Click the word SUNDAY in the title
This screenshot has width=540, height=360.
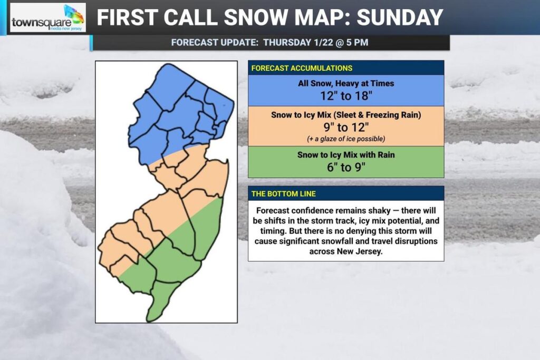point(400,18)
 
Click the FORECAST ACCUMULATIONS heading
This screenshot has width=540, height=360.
point(302,68)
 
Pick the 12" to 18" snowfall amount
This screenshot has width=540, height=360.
point(345,96)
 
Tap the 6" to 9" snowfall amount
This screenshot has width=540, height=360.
point(345,166)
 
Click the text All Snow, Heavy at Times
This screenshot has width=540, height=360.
point(345,84)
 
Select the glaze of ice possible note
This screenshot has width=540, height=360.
point(345,138)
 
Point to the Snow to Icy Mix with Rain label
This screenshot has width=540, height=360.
point(345,154)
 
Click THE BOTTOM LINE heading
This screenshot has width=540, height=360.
point(283,193)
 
